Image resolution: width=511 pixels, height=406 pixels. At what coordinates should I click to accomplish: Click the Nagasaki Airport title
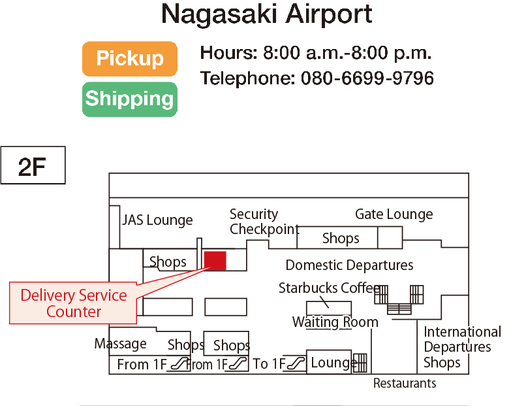(266, 14)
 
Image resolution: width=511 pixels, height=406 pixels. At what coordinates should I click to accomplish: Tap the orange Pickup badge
(130, 59)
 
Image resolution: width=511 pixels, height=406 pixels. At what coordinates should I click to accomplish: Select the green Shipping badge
(130, 99)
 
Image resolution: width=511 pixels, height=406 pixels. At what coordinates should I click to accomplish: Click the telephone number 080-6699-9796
(367, 78)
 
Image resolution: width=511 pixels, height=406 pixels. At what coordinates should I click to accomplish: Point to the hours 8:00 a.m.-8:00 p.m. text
(347, 52)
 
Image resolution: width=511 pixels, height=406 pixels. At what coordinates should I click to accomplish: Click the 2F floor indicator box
(33, 167)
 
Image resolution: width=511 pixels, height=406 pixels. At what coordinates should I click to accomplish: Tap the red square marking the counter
(215, 260)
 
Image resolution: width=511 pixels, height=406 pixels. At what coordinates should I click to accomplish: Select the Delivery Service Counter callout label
(73, 303)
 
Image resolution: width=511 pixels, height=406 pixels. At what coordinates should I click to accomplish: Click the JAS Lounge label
(157, 220)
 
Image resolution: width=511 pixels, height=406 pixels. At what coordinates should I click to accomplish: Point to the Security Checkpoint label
(264, 222)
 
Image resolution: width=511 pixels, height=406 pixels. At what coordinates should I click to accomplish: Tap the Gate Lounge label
(394, 214)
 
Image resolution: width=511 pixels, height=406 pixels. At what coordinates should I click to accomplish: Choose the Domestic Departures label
(349, 265)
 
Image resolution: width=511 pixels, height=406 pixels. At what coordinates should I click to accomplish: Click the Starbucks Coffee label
(329, 288)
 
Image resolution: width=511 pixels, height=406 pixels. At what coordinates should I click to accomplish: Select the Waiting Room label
(335, 322)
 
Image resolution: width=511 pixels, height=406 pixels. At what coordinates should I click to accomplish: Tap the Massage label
(120, 344)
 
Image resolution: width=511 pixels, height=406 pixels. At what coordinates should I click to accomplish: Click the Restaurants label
(404, 383)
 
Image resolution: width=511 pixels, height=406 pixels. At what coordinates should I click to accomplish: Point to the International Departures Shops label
(461, 347)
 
